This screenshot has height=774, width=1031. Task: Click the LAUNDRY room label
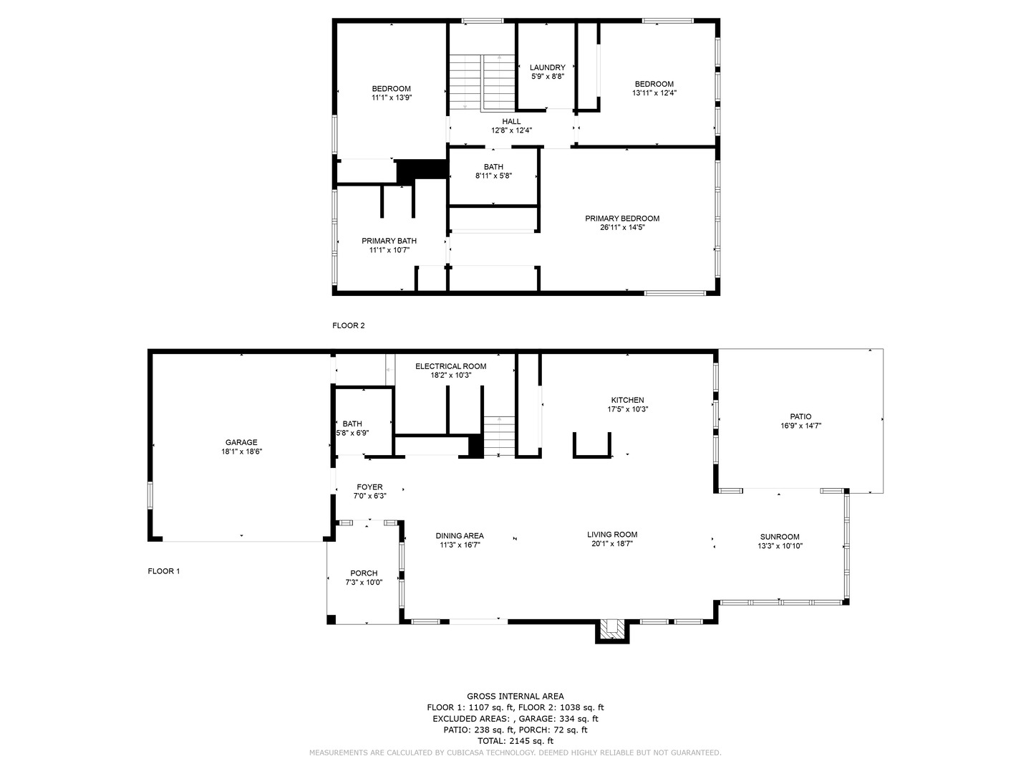pyautogui.click(x=547, y=67)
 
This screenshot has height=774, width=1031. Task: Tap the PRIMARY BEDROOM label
pyautogui.click(x=622, y=219)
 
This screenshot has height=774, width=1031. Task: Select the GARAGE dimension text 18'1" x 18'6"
pyautogui.click(x=241, y=451)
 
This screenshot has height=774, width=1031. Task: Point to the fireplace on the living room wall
pyautogui.click(x=612, y=631)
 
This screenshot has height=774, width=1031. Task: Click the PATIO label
pyautogui.click(x=800, y=416)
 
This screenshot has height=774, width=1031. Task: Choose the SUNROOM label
pyautogui.click(x=780, y=537)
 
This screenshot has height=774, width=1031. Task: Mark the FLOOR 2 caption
pyautogui.click(x=348, y=325)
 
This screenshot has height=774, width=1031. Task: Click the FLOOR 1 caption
pyautogui.click(x=163, y=571)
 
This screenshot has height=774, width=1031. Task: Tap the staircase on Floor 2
pyautogui.click(x=483, y=82)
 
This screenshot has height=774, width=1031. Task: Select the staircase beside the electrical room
pyautogui.click(x=499, y=436)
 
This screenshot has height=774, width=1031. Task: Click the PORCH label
pyautogui.click(x=364, y=573)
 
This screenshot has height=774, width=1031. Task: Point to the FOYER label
pyautogui.click(x=369, y=487)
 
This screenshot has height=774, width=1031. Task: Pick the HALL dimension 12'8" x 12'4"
pyautogui.click(x=511, y=130)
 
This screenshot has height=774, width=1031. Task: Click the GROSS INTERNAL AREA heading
pyautogui.click(x=515, y=696)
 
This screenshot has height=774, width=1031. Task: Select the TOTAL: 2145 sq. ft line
pyautogui.click(x=515, y=741)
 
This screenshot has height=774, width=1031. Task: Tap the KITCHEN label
pyautogui.click(x=627, y=400)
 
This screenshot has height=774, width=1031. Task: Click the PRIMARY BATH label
pyautogui.click(x=389, y=241)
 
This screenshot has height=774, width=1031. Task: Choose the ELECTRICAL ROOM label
pyautogui.click(x=450, y=366)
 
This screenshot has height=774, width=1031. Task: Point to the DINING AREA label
pyautogui.click(x=460, y=536)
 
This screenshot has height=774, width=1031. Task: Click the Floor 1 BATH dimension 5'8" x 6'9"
pyautogui.click(x=352, y=433)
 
